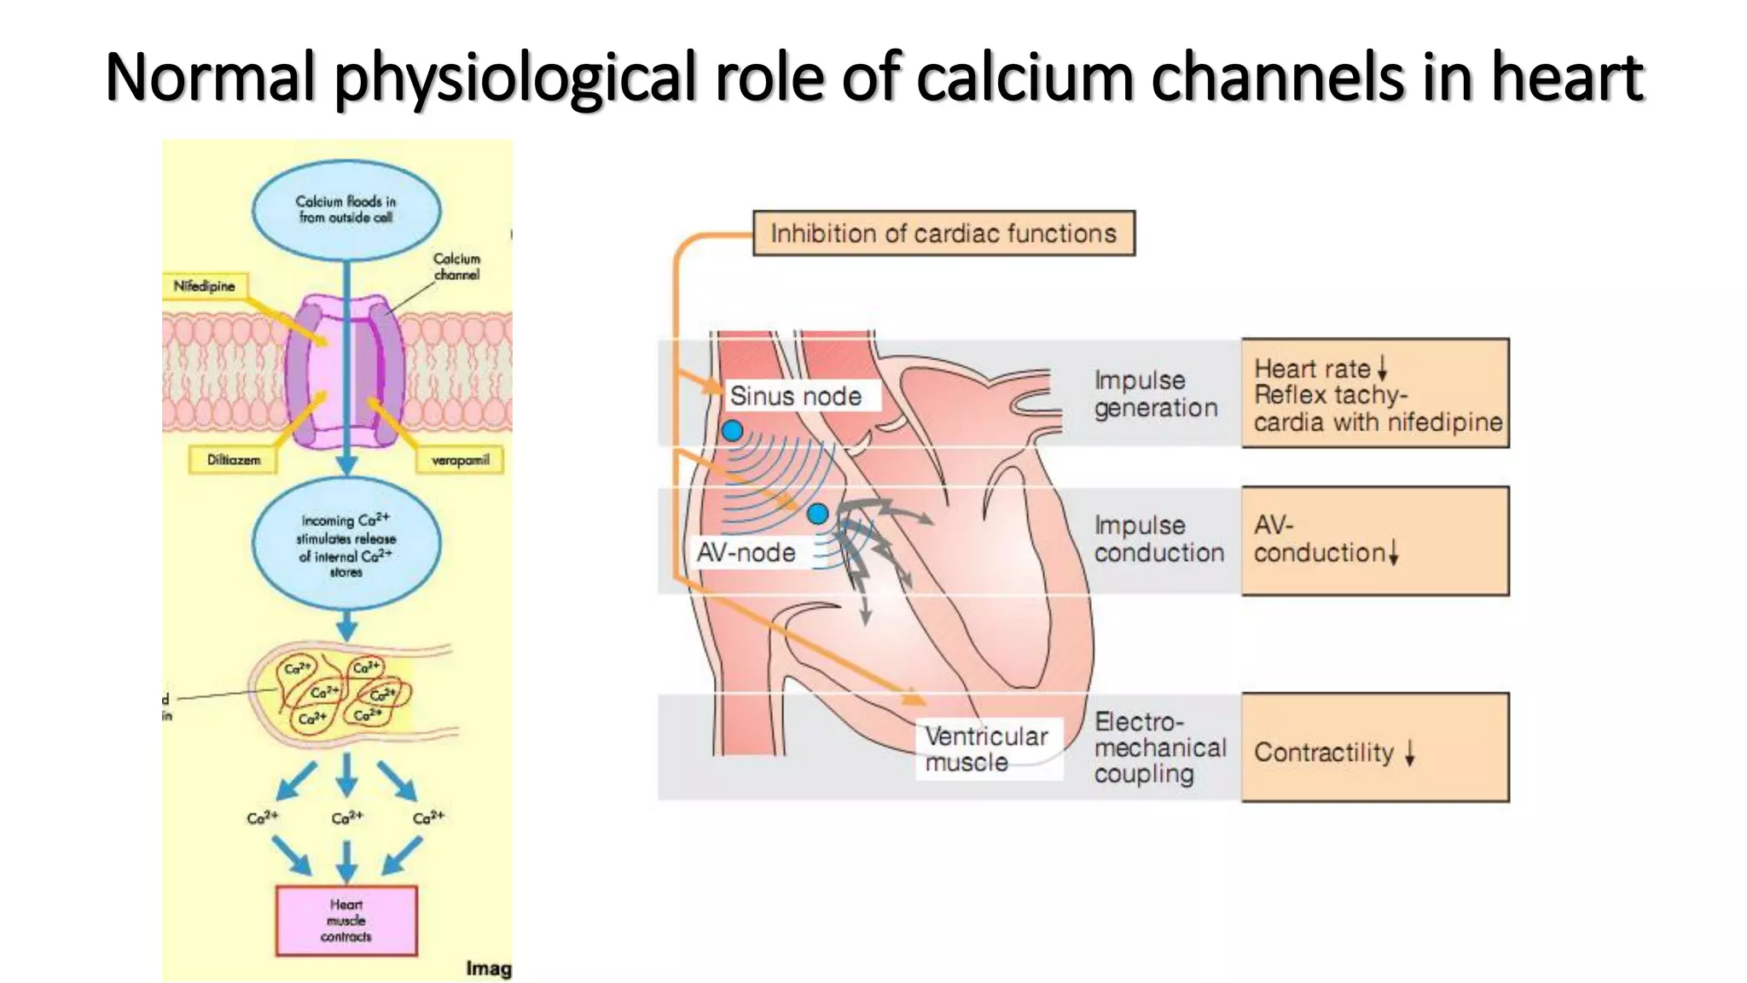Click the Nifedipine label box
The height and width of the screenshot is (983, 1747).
click(x=204, y=286)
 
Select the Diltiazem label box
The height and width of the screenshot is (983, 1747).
click(x=233, y=460)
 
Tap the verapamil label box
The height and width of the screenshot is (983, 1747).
click(x=460, y=460)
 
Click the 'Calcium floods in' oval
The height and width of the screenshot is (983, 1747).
click(x=346, y=210)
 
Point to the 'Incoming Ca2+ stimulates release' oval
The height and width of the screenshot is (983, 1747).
click(x=346, y=544)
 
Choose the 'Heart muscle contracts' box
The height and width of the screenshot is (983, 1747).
click(x=346, y=921)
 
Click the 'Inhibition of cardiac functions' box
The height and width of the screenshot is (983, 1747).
click(x=943, y=233)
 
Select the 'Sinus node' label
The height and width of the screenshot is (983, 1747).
click(x=796, y=396)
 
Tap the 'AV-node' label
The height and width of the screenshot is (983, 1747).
click(x=746, y=553)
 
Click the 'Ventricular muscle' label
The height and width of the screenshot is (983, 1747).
click(x=987, y=748)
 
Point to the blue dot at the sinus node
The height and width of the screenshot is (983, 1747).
click(x=732, y=431)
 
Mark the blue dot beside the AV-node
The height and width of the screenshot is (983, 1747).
click(x=817, y=514)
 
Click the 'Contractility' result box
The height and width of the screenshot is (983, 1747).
click(x=1375, y=748)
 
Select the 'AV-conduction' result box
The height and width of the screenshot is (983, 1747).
click(x=1375, y=541)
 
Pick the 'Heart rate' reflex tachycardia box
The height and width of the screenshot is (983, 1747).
click(x=1375, y=393)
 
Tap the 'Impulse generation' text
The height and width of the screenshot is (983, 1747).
click(x=1155, y=394)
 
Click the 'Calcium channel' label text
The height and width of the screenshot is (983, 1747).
click(x=457, y=266)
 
